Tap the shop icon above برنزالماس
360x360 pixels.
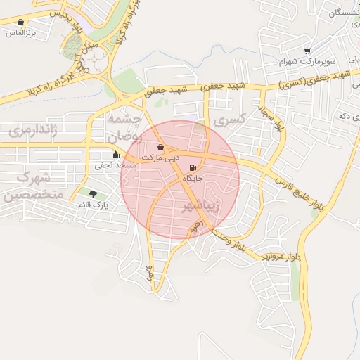(x=20, y=22)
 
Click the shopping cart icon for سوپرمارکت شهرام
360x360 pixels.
(x=307, y=51)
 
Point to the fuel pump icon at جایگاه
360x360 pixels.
(x=193, y=168)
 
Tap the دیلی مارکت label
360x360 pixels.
(x=161, y=158)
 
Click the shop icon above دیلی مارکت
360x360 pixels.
(x=161, y=148)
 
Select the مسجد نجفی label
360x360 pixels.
(x=115, y=165)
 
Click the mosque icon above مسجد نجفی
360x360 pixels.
(x=115, y=155)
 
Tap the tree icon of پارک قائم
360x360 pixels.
(x=93, y=193)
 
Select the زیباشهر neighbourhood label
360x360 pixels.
(x=201, y=205)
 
